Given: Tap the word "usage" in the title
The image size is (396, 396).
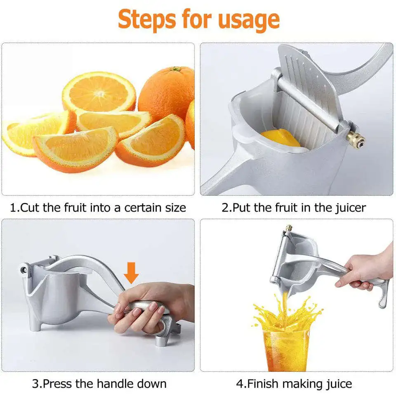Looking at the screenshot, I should pyautogui.click(x=248, y=19).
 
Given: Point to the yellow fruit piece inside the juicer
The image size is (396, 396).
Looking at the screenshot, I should pyautogui.click(x=280, y=138).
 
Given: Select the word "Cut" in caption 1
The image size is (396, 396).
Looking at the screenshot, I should pyautogui.click(x=30, y=207).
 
